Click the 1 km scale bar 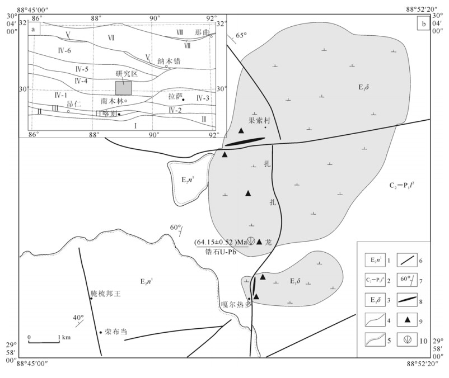(44, 341)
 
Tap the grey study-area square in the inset (124, 88)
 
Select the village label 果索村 (260, 120)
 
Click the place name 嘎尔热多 (233, 304)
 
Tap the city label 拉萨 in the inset (175, 96)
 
